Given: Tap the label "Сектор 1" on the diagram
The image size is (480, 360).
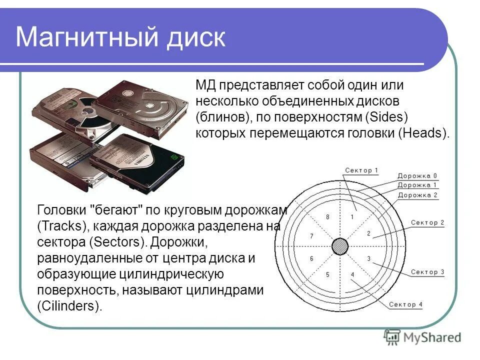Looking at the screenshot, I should coord(361,170).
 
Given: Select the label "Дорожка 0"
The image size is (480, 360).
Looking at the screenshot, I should coord(417,176).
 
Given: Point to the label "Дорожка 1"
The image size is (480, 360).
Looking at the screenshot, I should coord(417,185).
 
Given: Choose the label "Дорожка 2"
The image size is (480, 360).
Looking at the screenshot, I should coord(417,195).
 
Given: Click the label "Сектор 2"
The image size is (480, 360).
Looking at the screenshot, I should coord(427,223).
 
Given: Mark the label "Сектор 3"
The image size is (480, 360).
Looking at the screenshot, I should coord(427,272).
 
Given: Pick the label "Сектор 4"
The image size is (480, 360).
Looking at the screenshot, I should coord(405,304).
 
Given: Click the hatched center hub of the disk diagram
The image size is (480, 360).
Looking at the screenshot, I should coord(340,246).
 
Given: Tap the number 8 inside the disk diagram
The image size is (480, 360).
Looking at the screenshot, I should coord(328,217).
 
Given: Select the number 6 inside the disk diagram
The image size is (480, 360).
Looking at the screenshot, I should coord(311,258).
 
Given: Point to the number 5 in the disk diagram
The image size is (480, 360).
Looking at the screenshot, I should coord(327,274).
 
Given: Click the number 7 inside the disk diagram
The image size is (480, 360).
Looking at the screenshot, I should coord(311,236).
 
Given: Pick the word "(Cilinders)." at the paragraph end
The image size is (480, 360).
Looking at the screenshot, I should coord(69,306).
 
